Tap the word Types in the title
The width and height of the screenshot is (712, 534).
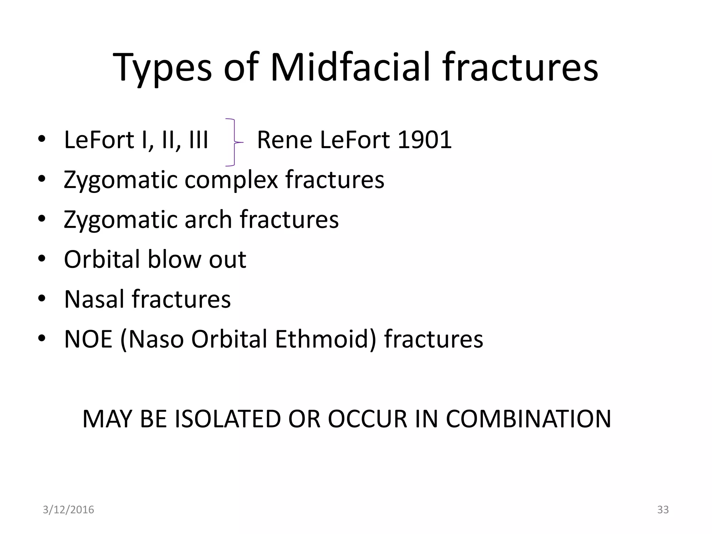coord(162,68)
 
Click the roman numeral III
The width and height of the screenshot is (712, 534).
coord(199,140)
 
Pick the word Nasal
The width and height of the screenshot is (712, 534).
coord(94,299)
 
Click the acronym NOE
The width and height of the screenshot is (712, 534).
coord(88,339)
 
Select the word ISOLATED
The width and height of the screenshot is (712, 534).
coord(227,419)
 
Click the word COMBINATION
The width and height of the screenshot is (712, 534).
coord(528,419)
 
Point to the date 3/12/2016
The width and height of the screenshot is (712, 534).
coord(68,510)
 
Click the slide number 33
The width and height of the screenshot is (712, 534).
coord(663,510)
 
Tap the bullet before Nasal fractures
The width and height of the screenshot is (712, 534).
coord(42,299)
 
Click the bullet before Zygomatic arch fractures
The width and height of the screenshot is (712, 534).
coord(42,220)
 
